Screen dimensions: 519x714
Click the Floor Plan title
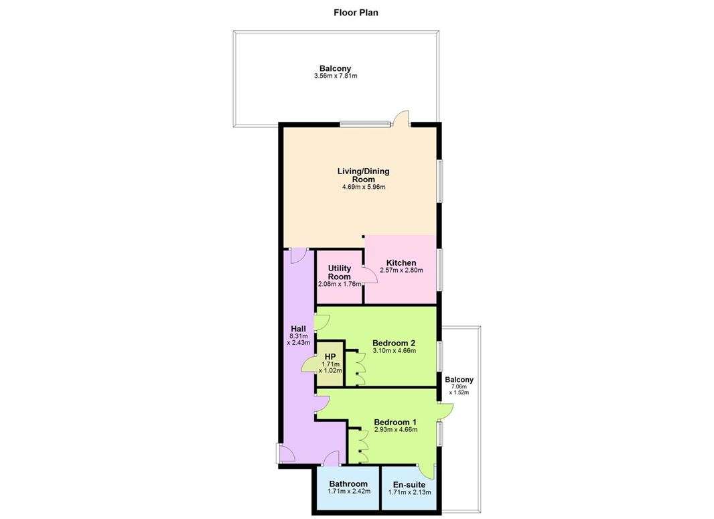pyautogui.click(x=356, y=12)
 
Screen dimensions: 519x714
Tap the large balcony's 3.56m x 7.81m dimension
pyautogui.click(x=336, y=76)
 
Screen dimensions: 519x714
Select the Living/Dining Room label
pyautogui.click(x=363, y=175)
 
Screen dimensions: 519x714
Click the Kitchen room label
pyautogui.click(x=401, y=263)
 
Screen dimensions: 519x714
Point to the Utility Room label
pyautogui.click(x=340, y=272)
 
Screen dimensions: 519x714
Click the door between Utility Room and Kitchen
pyautogui.click(x=368, y=274)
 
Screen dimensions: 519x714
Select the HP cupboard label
pyautogui.click(x=330, y=356)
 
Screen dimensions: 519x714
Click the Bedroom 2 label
pyautogui.click(x=394, y=342)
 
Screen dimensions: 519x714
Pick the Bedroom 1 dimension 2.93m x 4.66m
pyautogui.click(x=395, y=430)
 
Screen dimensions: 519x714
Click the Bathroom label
pyautogui.click(x=348, y=484)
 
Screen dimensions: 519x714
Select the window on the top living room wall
pyautogui.click(x=365, y=124)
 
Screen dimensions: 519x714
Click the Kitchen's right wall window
pyautogui.click(x=439, y=270)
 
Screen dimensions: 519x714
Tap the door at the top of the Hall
pyautogui.click(x=299, y=254)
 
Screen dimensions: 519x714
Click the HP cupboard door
pyautogui.click(x=309, y=365)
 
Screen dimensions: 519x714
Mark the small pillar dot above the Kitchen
pyautogui.click(x=363, y=236)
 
